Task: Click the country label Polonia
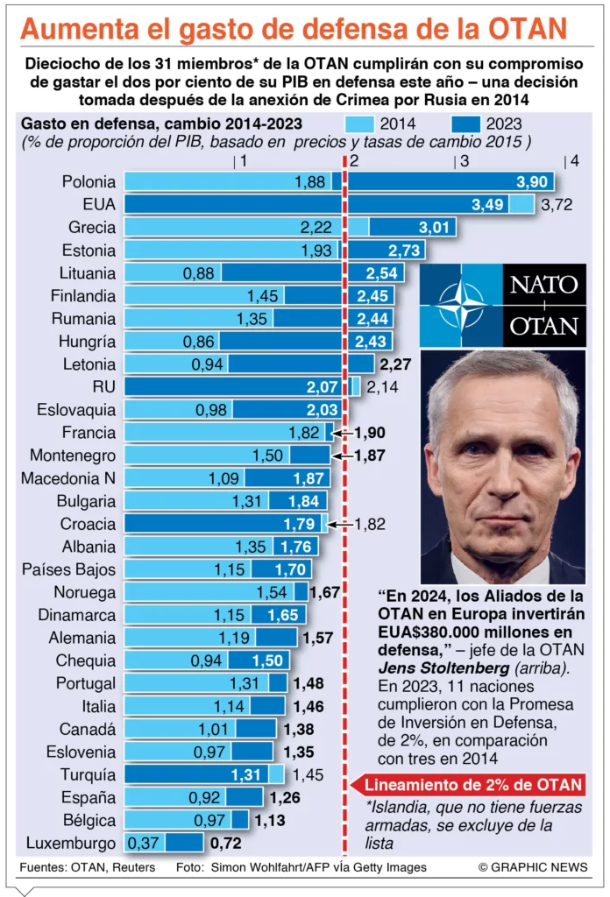coord(89,182)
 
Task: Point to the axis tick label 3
coord(465,161)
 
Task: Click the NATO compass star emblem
coord(461,307)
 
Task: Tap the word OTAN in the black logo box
coord(543,327)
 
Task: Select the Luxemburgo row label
coord(70,843)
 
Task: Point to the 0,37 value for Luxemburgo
coord(144,843)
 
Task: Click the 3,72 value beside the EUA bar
coord(559,205)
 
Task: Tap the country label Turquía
coord(88,774)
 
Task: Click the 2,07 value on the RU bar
coord(323,387)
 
